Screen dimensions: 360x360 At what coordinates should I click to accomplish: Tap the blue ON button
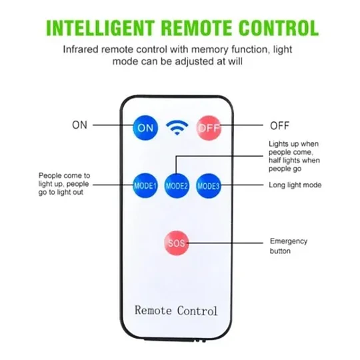pyautogui.click(x=145, y=127)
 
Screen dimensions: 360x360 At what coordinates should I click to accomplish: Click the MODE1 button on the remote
pyautogui.click(x=145, y=185)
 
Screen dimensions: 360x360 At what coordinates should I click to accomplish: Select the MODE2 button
pyautogui.click(x=177, y=185)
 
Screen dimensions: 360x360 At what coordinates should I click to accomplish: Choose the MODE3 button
pyautogui.click(x=208, y=185)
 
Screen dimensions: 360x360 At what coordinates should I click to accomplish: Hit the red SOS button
pyautogui.click(x=176, y=243)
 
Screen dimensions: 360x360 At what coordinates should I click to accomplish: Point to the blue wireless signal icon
pyautogui.click(x=177, y=127)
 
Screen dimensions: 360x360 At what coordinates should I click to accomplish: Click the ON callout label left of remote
pyautogui.click(x=80, y=125)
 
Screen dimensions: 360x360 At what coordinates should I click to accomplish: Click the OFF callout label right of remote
pyautogui.click(x=279, y=126)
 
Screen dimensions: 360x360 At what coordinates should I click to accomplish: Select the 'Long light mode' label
pyautogui.click(x=295, y=185)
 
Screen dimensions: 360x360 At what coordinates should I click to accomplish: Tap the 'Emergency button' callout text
pyautogui.click(x=289, y=246)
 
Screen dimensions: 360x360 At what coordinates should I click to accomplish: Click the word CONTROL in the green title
pyautogui.click(x=279, y=28)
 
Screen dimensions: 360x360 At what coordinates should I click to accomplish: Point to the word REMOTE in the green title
pyautogui.click(x=197, y=28)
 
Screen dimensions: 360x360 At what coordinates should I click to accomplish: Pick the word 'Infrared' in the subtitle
pyautogui.click(x=81, y=49)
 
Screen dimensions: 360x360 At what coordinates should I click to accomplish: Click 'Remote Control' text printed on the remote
pyautogui.click(x=176, y=311)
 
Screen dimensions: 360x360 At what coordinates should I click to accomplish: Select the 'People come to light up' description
pyautogui.click(x=64, y=184)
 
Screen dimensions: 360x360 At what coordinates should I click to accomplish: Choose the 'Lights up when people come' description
pyautogui.click(x=294, y=156)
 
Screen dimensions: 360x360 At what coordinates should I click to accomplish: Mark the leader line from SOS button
pyautogui.click(x=226, y=243)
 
